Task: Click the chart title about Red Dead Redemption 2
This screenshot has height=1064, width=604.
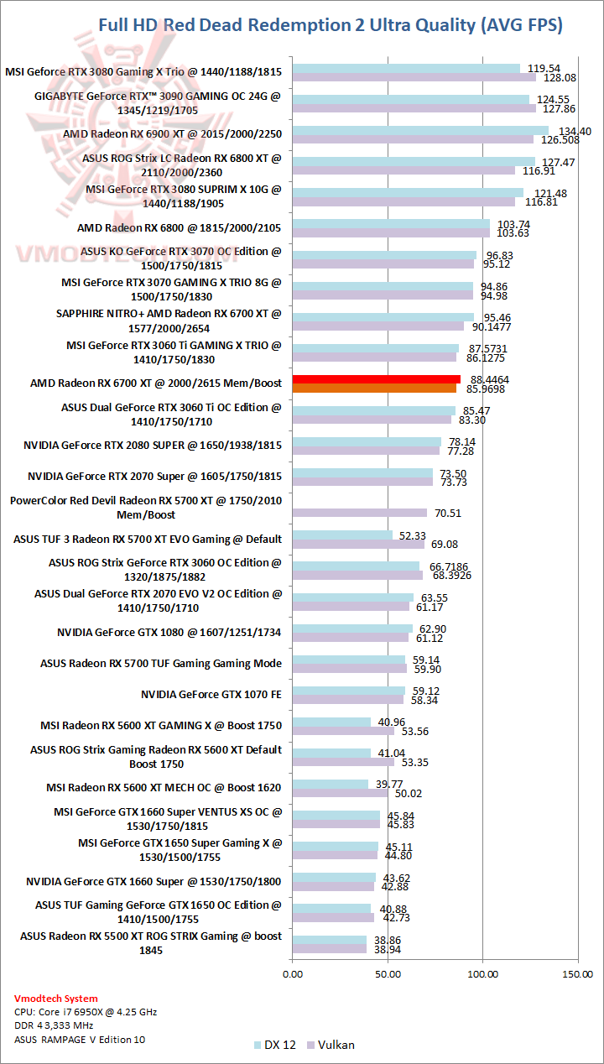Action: coord(330,25)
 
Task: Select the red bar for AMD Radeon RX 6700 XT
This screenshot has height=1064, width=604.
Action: coord(376,379)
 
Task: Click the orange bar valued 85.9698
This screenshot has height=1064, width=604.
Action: coord(374,389)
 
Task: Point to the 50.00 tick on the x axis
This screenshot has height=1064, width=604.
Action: coord(388,973)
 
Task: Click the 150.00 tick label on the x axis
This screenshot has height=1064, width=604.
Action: coord(577,973)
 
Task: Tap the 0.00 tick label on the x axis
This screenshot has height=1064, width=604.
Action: coord(293,973)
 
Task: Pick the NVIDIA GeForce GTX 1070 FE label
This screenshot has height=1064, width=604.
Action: coord(211,694)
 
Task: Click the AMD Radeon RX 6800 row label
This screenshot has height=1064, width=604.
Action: coord(180,227)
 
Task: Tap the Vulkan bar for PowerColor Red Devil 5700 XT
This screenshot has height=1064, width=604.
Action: coord(359,513)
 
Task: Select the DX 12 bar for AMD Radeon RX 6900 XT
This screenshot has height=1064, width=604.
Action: coord(420,130)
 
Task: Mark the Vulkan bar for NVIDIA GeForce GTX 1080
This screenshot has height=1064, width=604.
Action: coord(351,638)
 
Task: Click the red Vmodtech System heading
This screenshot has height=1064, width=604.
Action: coord(55,999)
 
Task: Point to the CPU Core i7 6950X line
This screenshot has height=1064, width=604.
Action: coord(86,1012)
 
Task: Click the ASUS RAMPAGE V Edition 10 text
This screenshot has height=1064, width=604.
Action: coord(80,1040)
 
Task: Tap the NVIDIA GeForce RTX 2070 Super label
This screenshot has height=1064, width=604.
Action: coord(154,476)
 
